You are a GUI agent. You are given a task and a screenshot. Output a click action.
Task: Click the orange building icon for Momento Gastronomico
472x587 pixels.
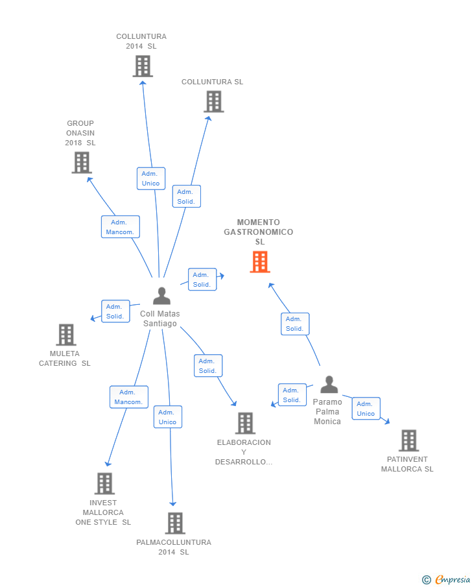pyautogui.click(x=260, y=262)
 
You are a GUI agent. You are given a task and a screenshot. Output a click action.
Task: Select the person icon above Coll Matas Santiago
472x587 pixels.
pyautogui.click(x=161, y=296)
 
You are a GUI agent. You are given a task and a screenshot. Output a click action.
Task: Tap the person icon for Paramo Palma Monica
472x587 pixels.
pyautogui.click(x=329, y=385)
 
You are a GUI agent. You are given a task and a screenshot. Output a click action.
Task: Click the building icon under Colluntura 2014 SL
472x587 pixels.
pyautogui.click(x=143, y=66)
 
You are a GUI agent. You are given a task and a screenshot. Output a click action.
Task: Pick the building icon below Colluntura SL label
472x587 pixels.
pyautogui.click(x=213, y=102)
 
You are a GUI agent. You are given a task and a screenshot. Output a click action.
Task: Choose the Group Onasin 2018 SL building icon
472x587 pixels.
pyautogui.click(x=81, y=162)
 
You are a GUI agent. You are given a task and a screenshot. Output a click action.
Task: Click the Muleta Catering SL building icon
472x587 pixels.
pyautogui.click(x=65, y=335)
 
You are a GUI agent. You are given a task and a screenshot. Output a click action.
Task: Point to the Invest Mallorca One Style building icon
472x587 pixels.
pyautogui.click(x=104, y=483)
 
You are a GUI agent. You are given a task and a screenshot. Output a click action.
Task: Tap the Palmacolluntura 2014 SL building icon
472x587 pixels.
pyautogui.click(x=175, y=523)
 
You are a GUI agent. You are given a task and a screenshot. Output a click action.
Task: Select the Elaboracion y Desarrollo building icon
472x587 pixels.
pyautogui.click(x=245, y=423)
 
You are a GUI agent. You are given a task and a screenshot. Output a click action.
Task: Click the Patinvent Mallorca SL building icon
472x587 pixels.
pyautogui.click(x=408, y=440)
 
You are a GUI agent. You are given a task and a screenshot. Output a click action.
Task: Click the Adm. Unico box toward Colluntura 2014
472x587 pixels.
pyautogui.click(x=151, y=178)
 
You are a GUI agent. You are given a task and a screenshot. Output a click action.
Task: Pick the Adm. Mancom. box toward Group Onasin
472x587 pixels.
pyautogui.click(x=120, y=227)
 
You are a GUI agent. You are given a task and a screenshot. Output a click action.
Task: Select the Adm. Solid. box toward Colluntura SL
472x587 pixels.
pyautogui.click(x=186, y=197)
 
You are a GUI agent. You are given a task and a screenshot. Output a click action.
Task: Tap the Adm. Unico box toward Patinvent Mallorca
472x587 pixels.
pyautogui.click(x=366, y=409)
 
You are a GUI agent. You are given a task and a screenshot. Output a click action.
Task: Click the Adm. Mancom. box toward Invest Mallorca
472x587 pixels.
pyautogui.click(x=128, y=397)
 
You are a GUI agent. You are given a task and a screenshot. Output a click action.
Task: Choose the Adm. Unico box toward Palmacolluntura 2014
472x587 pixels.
pyautogui.click(x=167, y=417)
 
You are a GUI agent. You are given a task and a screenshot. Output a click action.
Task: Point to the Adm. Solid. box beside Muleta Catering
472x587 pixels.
pyautogui.click(x=115, y=311)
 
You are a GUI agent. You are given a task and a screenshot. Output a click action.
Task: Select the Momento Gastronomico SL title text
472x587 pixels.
pyautogui.click(x=259, y=232)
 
